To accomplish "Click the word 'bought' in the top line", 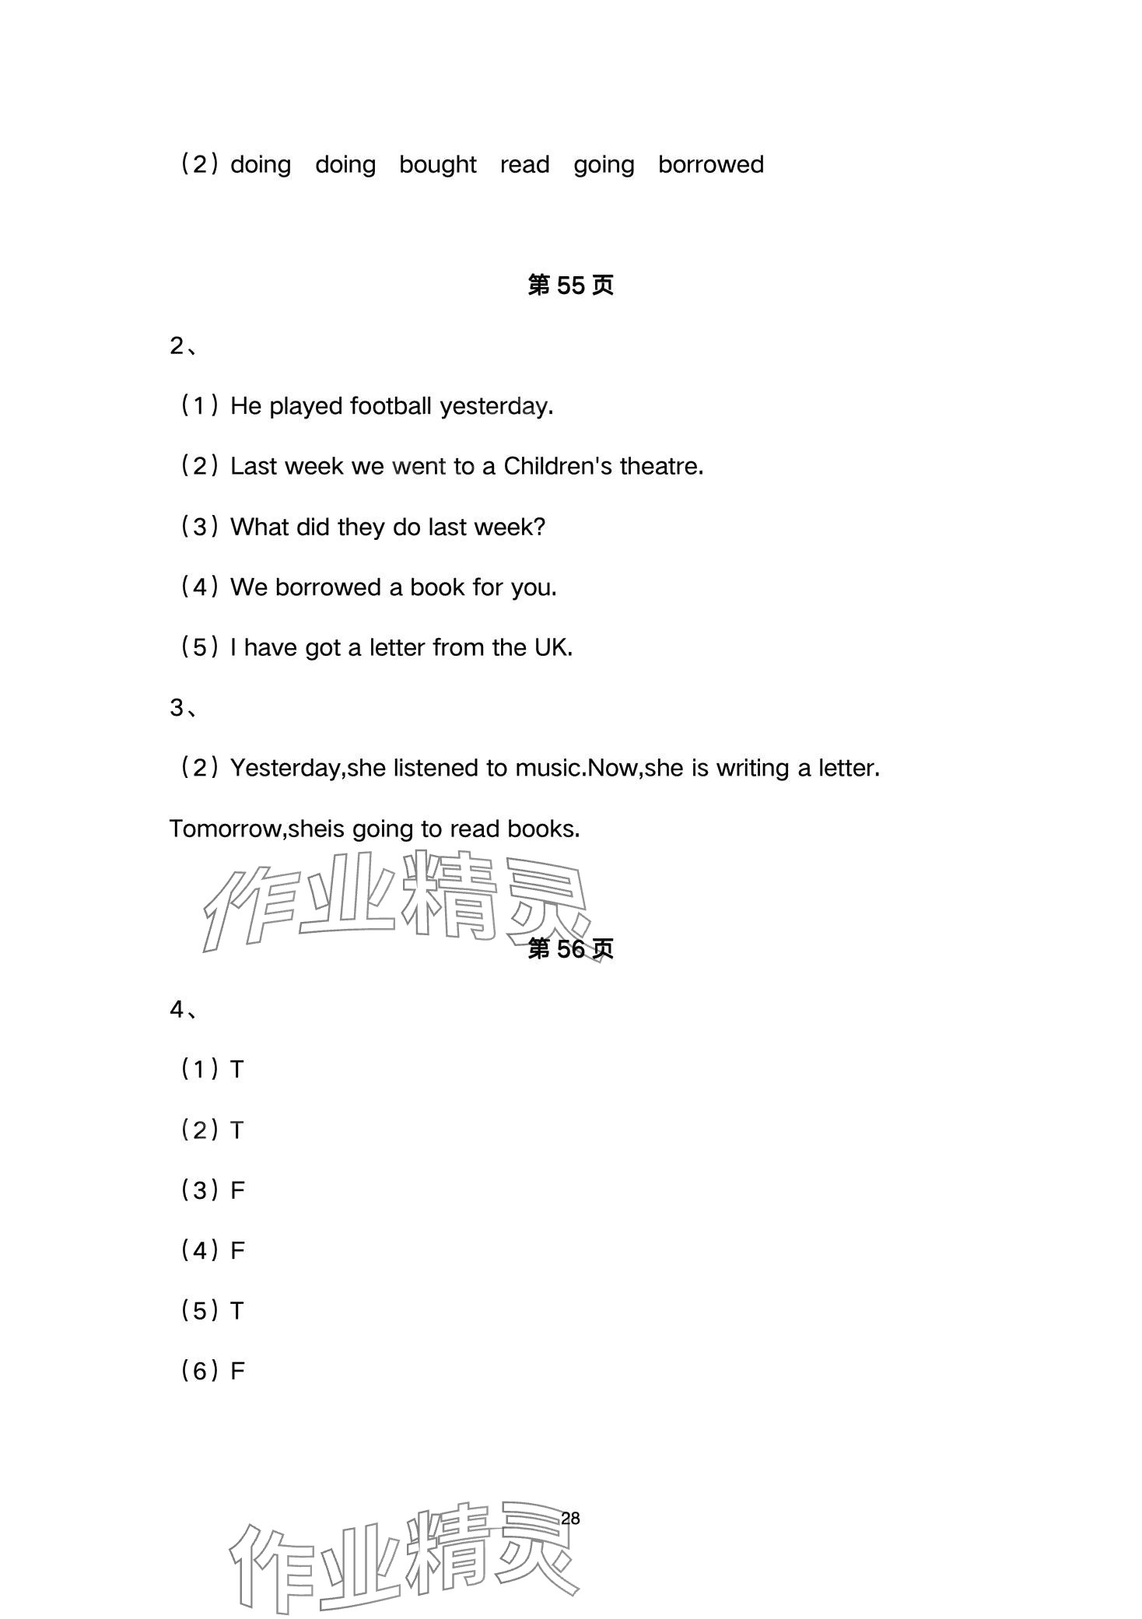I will (437, 165).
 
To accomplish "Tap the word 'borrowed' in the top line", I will (710, 165).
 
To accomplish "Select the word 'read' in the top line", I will (524, 165).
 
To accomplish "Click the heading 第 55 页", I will (570, 286).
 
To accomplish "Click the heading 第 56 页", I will (570, 949).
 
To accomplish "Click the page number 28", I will (570, 1519).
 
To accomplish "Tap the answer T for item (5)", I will (237, 1312).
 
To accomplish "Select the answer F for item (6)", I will (237, 1372).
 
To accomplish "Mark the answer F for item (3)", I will (237, 1190).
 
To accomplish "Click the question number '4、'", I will (184, 1010).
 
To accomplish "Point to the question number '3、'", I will (184, 708).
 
